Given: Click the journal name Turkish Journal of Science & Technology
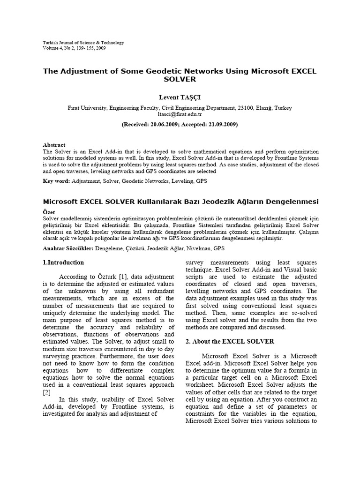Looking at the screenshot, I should [x=83, y=43].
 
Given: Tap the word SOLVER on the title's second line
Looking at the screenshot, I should [x=180, y=80].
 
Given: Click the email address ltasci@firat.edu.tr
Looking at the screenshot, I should [x=180, y=114].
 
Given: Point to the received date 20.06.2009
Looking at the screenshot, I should [x=163, y=125].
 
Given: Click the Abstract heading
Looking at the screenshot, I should [x=54, y=145].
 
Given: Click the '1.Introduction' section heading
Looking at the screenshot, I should [x=63, y=262].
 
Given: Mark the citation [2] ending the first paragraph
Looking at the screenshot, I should [x=47, y=392].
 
